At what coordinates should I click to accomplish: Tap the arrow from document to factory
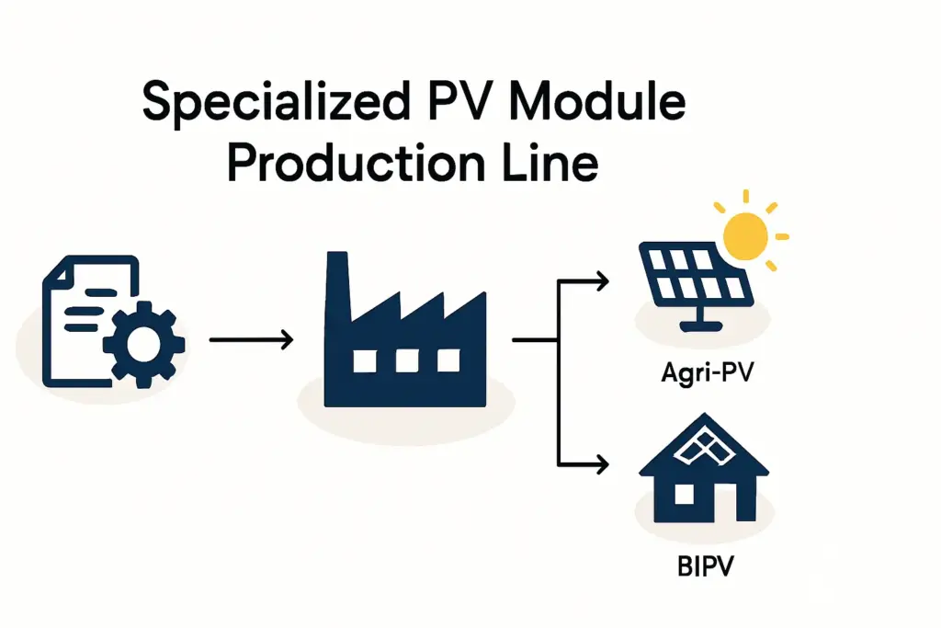point(251,341)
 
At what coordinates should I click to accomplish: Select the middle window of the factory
point(407,361)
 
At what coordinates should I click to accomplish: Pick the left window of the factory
point(365,361)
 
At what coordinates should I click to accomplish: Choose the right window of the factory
point(448,361)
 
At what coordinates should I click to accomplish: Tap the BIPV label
point(703,564)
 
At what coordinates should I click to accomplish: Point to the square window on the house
point(685,494)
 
